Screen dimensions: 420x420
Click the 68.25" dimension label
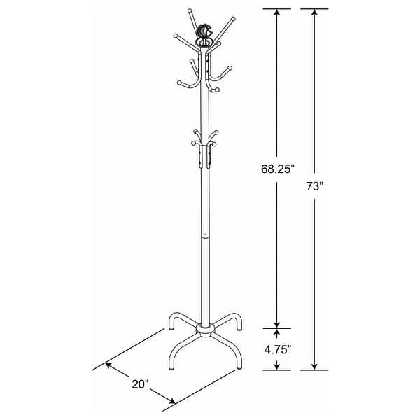278,169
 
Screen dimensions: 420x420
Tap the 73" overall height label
314,187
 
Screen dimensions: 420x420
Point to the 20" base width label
141,384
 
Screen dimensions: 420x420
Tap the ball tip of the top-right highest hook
234,18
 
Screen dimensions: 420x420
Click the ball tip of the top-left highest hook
189,11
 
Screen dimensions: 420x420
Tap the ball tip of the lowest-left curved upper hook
181,82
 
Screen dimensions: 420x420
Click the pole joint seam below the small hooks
204,237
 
